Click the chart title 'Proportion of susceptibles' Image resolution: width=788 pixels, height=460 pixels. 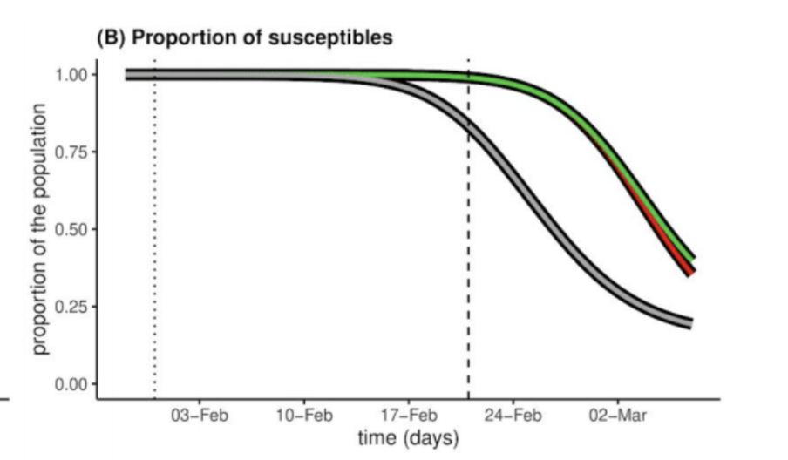click(x=243, y=38)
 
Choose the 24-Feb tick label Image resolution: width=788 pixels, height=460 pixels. click(x=513, y=416)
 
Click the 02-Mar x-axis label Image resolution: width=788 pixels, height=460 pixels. click(x=617, y=416)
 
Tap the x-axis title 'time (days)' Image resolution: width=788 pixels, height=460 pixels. click(x=408, y=437)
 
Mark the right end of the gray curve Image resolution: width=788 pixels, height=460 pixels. click(x=690, y=323)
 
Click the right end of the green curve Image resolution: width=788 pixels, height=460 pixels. click(x=693, y=258)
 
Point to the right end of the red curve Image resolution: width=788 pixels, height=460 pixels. click(x=690, y=273)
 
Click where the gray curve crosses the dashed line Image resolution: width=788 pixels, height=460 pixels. click(x=469, y=123)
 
